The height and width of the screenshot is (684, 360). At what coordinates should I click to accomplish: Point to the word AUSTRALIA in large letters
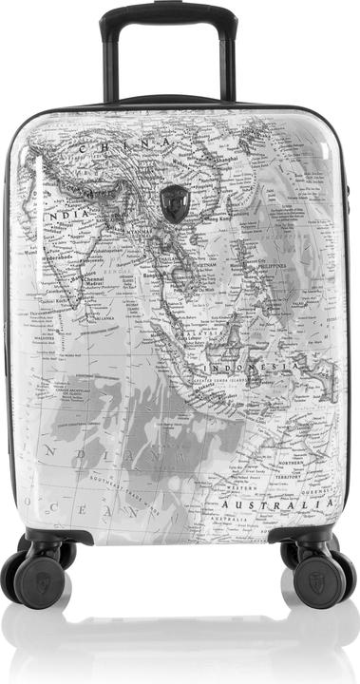276,503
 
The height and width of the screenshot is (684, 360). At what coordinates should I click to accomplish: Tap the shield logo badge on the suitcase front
175,202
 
